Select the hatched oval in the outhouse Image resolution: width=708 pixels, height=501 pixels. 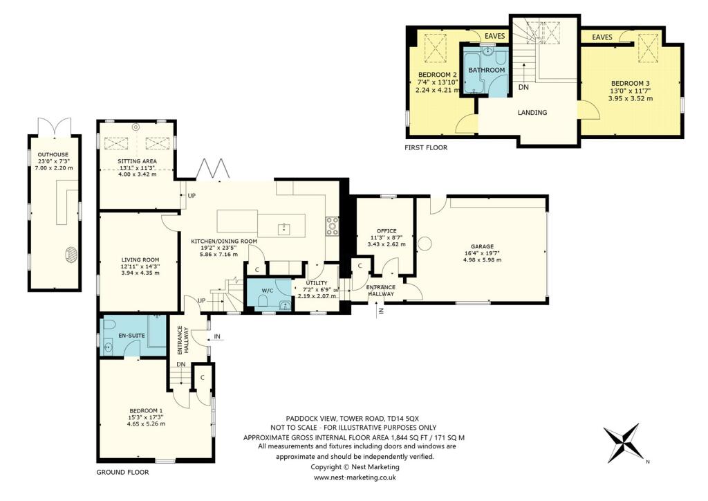[x=71, y=255]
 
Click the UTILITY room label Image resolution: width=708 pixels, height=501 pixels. [x=315, y=283]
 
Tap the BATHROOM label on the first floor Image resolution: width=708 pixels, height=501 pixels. [x=487, y=71]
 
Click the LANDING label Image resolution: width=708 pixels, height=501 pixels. [x=532, y=113]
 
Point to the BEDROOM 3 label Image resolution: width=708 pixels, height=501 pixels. [x=629, y=84]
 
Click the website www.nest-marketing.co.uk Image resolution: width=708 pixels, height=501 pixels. [x=355, y=477]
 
